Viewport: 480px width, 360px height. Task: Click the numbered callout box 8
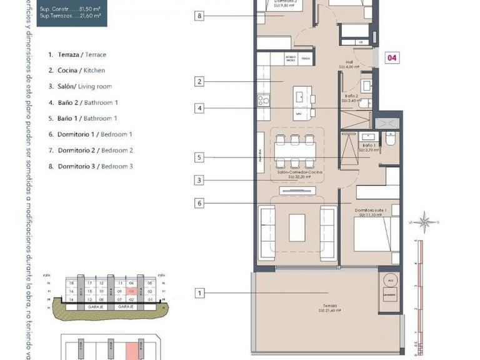[199, 16]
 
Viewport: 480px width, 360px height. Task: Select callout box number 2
[199, 81]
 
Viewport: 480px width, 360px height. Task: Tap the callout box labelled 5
[199, 157]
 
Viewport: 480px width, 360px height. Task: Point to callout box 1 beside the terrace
[199, 292]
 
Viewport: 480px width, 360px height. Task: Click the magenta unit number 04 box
[392, 58]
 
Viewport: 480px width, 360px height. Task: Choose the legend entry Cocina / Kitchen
[77, 71]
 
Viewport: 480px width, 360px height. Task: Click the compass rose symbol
[425, 221]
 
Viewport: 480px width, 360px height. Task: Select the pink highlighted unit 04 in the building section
[131, 291]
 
